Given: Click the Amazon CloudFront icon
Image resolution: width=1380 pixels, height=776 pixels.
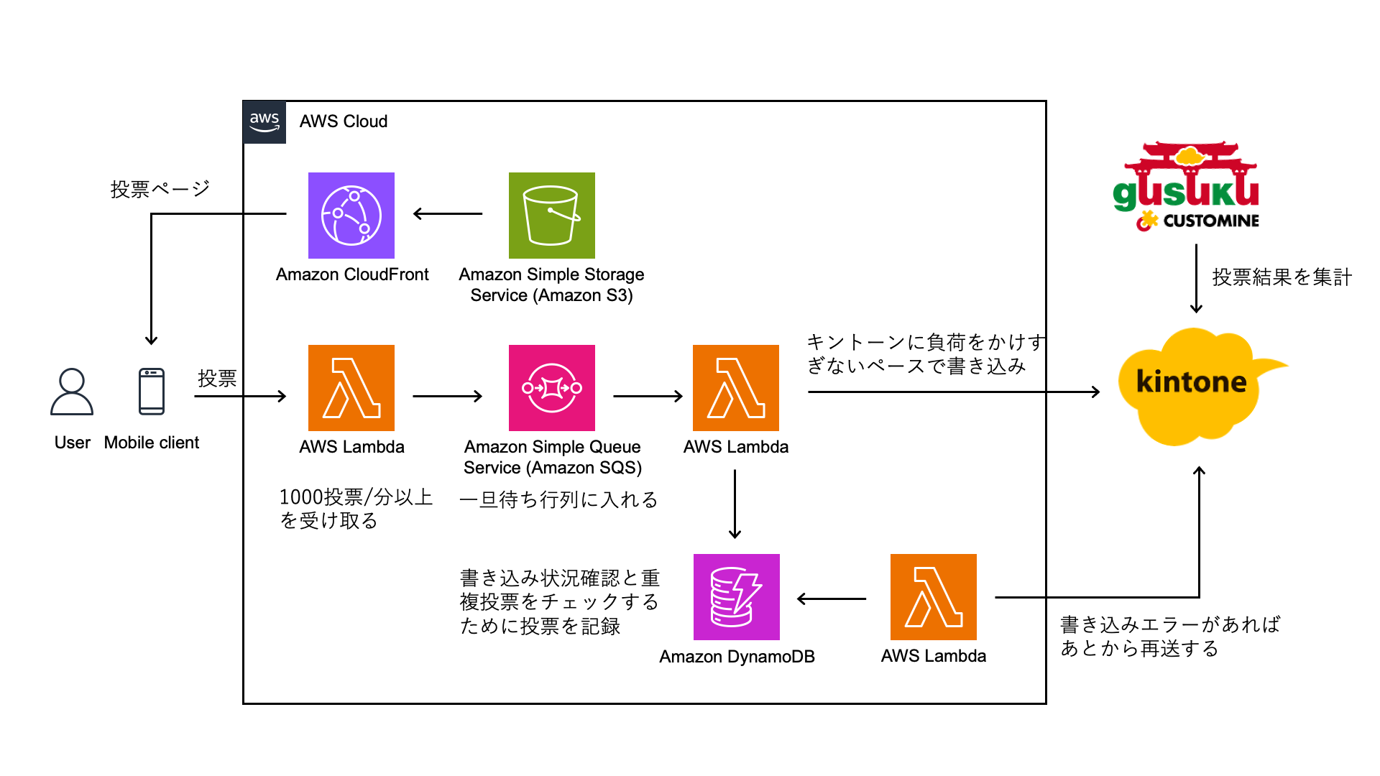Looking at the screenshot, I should pyautogui.click(x=351, y=216).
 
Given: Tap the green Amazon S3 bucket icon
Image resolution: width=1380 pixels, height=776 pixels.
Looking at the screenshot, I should pyautogui.click(x=551, y=216).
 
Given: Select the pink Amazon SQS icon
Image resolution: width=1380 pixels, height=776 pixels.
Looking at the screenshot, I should pyautogui.click(x=551, y=388).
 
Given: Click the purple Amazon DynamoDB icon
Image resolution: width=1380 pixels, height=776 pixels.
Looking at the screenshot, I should pyautogui.click(x=736, y=597).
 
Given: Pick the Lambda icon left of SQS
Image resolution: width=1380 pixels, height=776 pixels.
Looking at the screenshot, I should pyautogui.click(x=351, y=388).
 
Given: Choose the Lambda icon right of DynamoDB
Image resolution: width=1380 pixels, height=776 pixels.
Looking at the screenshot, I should pyautogui.click(x=933, y=597).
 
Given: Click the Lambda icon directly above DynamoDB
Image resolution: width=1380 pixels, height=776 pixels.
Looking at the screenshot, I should pyautogui.click(x=735, y=388).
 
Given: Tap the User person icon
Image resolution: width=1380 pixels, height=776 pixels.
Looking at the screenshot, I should pyautogui.click(x=72, y=392).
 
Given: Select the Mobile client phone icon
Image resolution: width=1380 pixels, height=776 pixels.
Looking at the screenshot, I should pyautogui.click(x=152, y=392).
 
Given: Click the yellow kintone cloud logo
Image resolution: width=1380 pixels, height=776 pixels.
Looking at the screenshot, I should pyautogui.click(x=1193, y=384).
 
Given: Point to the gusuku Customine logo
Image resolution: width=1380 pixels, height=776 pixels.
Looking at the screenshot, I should pyautogui.click(x=1187, y=187).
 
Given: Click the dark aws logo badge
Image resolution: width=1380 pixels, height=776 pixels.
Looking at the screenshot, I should pyautogui.click(x=264, y=122).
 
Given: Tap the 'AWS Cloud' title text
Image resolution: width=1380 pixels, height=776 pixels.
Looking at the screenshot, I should pyautogui.click(x=344, y=121).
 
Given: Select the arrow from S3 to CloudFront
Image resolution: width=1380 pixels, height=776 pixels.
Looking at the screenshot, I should pyautogui.click(x=448, y=213).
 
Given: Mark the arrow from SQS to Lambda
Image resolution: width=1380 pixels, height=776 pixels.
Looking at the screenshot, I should pyautogui.click(x=648, y=396).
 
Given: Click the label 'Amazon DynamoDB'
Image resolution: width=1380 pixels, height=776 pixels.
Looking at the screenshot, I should pyautogui.click(x=737, y=657).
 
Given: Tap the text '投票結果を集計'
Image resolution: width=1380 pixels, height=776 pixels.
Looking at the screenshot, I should pyautogui.click(x=1282, y=277).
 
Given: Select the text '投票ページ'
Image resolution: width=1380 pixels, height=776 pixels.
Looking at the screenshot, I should pyautogui.click(x=160, y=189).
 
